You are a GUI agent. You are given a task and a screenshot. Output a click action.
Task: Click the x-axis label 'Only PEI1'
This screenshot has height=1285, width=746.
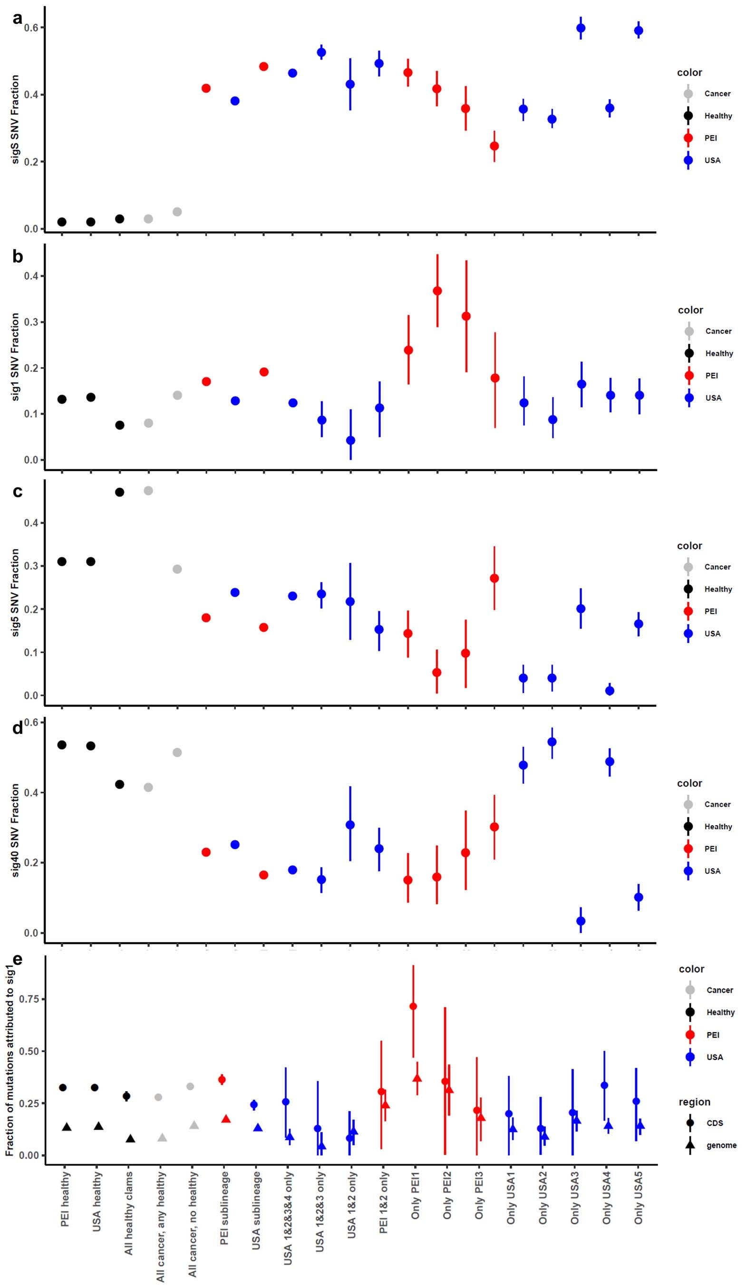pos(416,1201)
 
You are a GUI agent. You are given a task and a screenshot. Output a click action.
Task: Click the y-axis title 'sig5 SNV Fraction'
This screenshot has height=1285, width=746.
pos(15,592)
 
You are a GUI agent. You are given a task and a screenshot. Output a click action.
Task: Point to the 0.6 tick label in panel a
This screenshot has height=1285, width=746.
pos(31,28)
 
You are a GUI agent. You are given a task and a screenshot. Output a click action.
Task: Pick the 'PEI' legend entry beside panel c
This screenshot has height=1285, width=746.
pos(710,611)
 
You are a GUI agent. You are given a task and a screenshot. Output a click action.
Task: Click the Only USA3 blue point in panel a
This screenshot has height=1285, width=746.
pos(581,29)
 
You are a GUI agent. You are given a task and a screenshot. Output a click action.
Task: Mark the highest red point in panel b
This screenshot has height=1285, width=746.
pos(437,291)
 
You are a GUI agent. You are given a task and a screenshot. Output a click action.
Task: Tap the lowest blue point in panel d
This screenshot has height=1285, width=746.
pos(581,921)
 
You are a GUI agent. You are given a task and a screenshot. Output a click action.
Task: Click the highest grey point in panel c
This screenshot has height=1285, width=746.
pos(148,491)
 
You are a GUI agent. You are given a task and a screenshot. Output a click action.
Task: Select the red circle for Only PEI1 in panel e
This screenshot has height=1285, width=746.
pos(413,1006)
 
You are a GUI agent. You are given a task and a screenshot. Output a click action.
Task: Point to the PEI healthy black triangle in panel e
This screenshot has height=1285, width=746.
pos(67,1127)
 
